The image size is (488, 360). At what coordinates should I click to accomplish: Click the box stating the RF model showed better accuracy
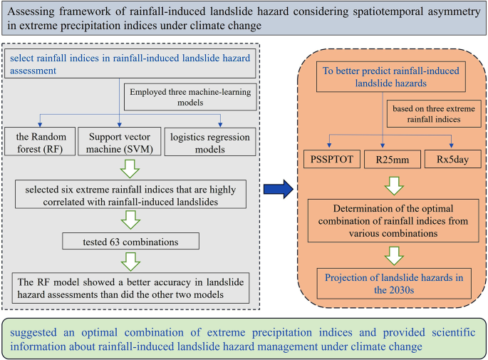click(131, 287)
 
